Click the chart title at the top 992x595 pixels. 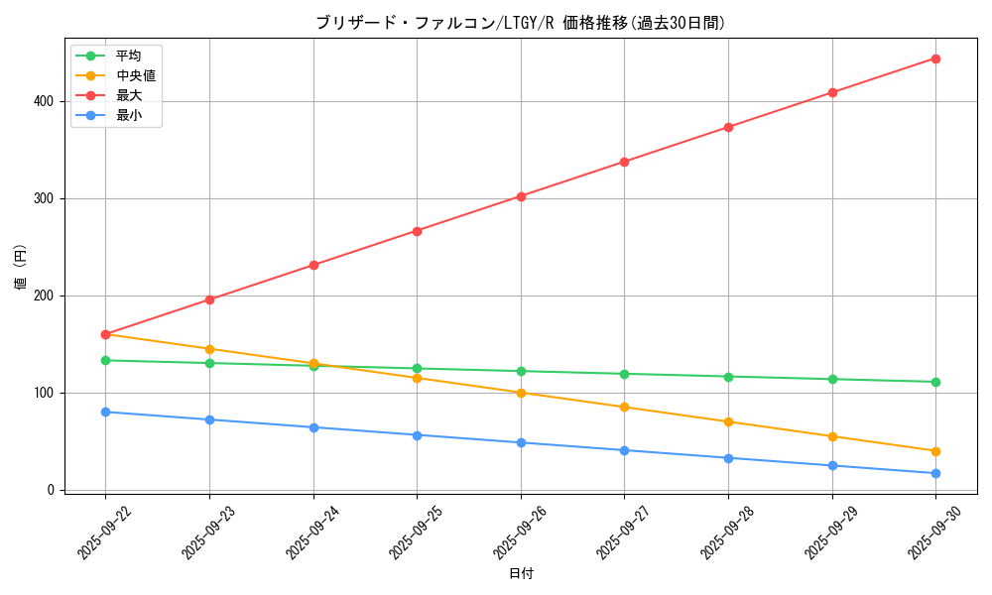point(521,23)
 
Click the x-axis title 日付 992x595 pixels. point(521,574)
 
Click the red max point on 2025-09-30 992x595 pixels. point(935,59)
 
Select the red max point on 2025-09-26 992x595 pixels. point(521,196)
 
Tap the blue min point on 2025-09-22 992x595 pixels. point(105,412)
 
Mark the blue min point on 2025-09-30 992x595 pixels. point(935,473)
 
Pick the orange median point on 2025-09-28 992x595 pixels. point(728,421)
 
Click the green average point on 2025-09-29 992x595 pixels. point(832,379)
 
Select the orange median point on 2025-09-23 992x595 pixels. point(209,349)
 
